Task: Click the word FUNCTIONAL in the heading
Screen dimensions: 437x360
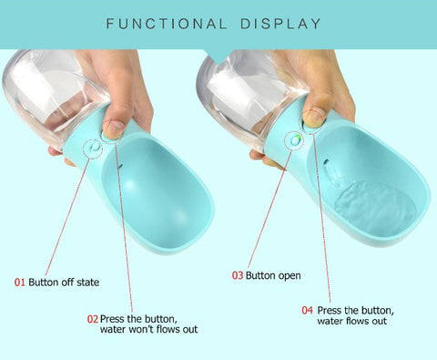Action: (x=167, y=24)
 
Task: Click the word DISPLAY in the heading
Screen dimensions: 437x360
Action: (x=280, y=24)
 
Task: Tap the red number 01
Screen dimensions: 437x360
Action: (x=20, y=283)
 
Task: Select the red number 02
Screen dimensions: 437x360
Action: (x=93, y=319)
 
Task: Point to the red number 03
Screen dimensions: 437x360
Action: (x=238, y=275)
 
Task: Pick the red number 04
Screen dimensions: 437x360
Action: (x=307, y=310)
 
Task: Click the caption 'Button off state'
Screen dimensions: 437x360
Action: (x=64, y=283)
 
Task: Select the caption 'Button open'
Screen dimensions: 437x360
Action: (x=273, y=276)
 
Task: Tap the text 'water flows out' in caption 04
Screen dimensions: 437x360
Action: (x=352, y=321)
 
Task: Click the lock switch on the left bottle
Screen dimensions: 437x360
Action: (x=95, y=148)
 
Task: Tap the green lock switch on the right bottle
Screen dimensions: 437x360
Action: (x=295, y=139)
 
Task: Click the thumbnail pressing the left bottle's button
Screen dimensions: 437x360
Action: (x=113, y=129)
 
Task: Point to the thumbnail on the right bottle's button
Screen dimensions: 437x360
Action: (x=313, y=118)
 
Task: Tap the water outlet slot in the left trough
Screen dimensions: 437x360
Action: (x=120, y=167)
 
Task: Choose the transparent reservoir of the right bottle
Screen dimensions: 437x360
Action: (x=249, y=98)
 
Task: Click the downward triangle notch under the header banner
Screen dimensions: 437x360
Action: (x=218, y=57)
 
